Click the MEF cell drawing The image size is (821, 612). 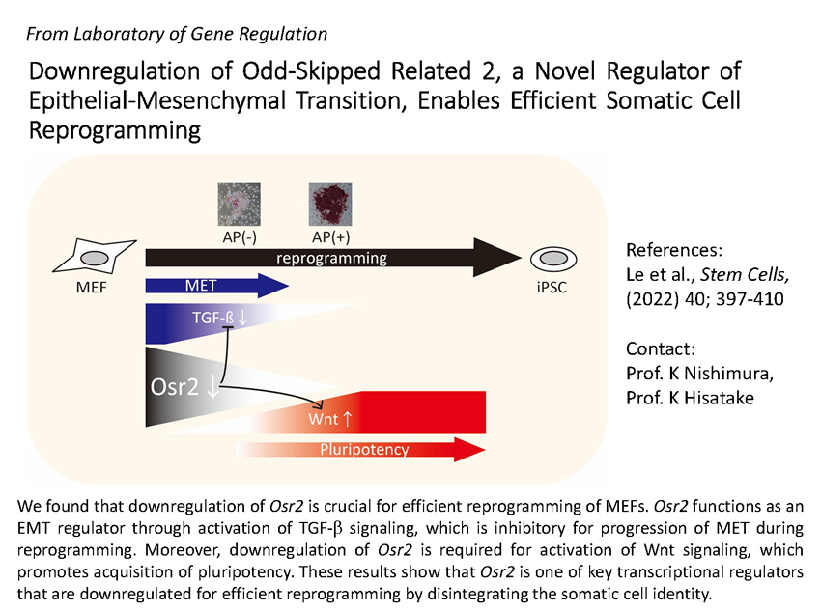95,257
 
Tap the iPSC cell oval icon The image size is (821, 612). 553,259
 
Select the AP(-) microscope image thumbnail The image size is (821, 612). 239,205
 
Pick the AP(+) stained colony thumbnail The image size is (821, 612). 330,205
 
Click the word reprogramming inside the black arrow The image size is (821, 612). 331,258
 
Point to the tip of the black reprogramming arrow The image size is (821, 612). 522,258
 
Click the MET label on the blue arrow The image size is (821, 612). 201,286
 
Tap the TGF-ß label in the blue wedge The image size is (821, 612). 213,318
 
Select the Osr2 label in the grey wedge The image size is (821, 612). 175,386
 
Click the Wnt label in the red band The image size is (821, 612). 323,419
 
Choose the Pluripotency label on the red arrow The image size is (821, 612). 364,449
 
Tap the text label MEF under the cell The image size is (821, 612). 91,288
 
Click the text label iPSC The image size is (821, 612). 552,287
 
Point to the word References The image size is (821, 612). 674,250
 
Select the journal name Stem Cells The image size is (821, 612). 745,274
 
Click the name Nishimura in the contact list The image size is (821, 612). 728,373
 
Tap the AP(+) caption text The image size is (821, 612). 331,236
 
